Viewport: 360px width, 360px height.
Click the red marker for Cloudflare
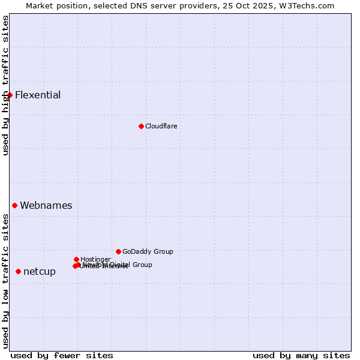point(141,126)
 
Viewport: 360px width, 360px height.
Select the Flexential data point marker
point(10,95)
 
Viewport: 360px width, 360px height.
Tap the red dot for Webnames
point(14,205)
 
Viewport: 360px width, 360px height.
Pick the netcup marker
point(18,271)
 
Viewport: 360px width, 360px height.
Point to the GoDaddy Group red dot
point(118,251)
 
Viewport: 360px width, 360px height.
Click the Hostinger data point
point(76,259)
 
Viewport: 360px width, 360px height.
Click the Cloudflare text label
point(161,126)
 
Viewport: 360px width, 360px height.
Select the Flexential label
point(38,95)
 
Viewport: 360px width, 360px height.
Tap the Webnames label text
point(46,205)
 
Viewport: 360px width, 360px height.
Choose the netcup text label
point(40,271)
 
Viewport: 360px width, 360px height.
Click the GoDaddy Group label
point(148,251)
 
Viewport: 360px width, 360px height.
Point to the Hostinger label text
point(95,259)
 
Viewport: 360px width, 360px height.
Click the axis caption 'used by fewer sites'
point(62,355)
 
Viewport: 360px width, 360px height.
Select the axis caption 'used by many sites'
point(301,355)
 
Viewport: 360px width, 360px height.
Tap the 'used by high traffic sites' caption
point(5,85)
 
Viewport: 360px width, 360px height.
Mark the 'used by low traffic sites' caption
point(5,281)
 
